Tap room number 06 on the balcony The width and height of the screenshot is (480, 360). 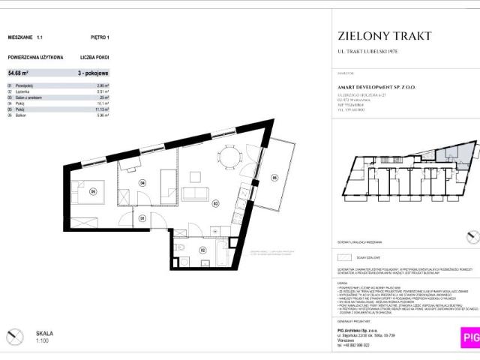274,178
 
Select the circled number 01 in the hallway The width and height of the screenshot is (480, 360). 142,218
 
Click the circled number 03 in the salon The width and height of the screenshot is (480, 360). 214,202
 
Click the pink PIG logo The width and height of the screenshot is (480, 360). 470,337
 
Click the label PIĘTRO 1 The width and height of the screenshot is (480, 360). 99,37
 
